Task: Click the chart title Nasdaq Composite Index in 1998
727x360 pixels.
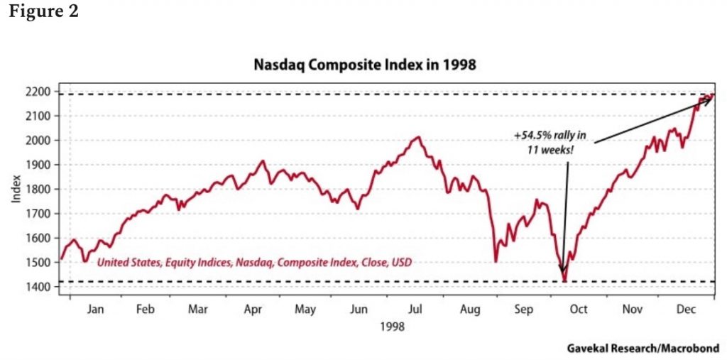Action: point(365,65)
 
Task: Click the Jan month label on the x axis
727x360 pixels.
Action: point(94,310)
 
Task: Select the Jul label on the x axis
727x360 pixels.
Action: point(415,310)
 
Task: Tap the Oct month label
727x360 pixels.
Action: point(579,310)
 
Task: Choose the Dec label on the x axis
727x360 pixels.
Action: point(686,310)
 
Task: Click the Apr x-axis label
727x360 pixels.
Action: point(253,310)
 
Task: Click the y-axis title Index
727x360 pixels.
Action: point(16,189)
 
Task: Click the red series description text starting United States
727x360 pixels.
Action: point(254,263)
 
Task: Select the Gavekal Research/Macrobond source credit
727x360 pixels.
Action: point(643,348)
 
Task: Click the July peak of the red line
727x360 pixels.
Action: point(418,138)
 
